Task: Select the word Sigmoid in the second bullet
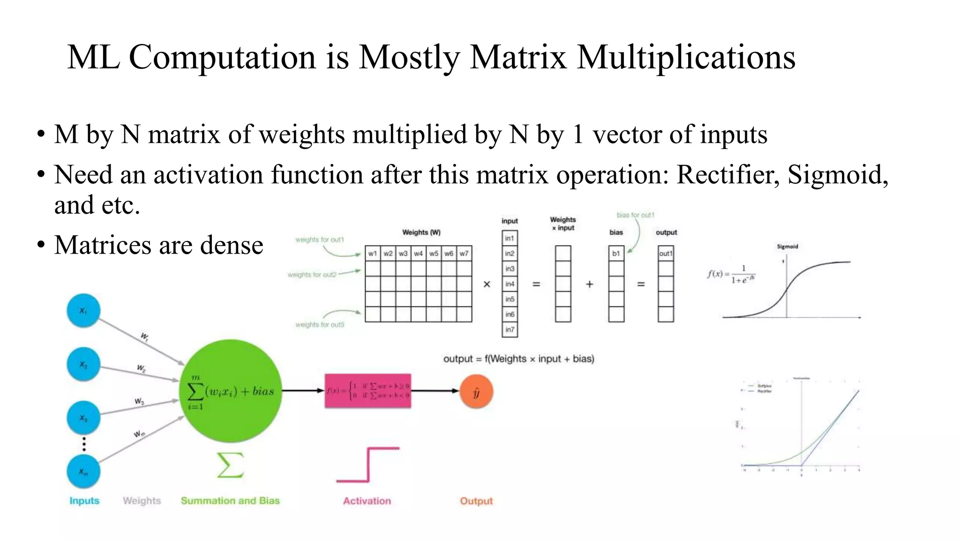tap(837, 174)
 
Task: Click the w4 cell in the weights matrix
tap(419, 254)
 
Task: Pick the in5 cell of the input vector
tap(510, 299)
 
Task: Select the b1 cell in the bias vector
tap(616, 254)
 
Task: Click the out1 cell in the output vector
tap(666, 254)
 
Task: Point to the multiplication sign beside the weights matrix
tap(487, 284)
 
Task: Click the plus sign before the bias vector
tap(589, 284)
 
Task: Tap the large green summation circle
tap(231, 390)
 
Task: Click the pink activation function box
tap(368, 391)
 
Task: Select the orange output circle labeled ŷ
tap(476, 392)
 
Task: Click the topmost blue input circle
tap(83, 310)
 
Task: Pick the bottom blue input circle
tap(83, 472)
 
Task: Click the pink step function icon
tap(368, 465)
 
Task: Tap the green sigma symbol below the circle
tap(230, 465)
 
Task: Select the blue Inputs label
tap(84, 501)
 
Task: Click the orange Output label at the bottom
tap(476, 501)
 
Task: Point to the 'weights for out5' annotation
tap(320, 324)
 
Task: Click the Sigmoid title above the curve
tap(787, 246)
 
